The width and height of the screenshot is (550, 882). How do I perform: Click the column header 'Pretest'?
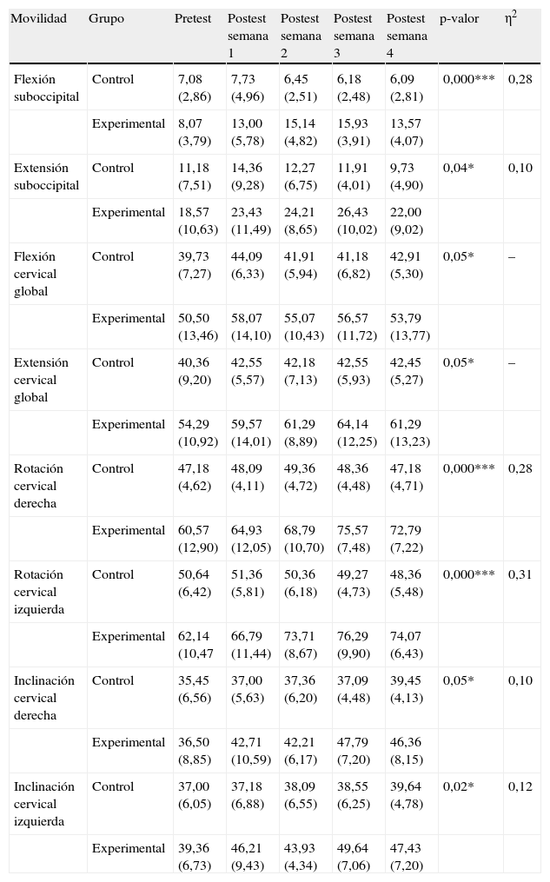[x=192, y=19]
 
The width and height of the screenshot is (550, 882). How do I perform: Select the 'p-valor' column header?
[x=459, y=19]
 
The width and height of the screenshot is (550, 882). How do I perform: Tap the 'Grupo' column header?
[x=106, y=19]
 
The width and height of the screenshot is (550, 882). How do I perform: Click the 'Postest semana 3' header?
[x=354, y=36]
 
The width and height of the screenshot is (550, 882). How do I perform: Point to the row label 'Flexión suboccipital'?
[x=46, y=88]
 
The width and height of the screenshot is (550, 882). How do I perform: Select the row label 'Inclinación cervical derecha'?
[x=44, y=698]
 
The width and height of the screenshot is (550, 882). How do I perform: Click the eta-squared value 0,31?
[x=520, y=574]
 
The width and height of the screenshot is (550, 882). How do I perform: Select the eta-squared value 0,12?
[x=520, y=786]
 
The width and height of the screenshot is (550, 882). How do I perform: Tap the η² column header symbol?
[x=512, y=17]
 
